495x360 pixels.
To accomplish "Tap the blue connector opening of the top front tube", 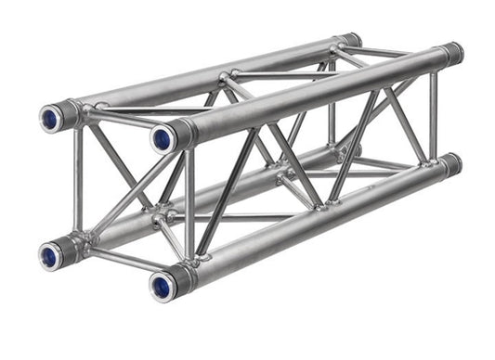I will click(x=162, y=138).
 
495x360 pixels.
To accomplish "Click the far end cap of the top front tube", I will click(x=452, y=52).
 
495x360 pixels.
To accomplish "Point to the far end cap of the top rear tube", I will click(x=350, y=41).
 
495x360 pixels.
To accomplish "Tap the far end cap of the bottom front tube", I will click(x=450, y=165).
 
